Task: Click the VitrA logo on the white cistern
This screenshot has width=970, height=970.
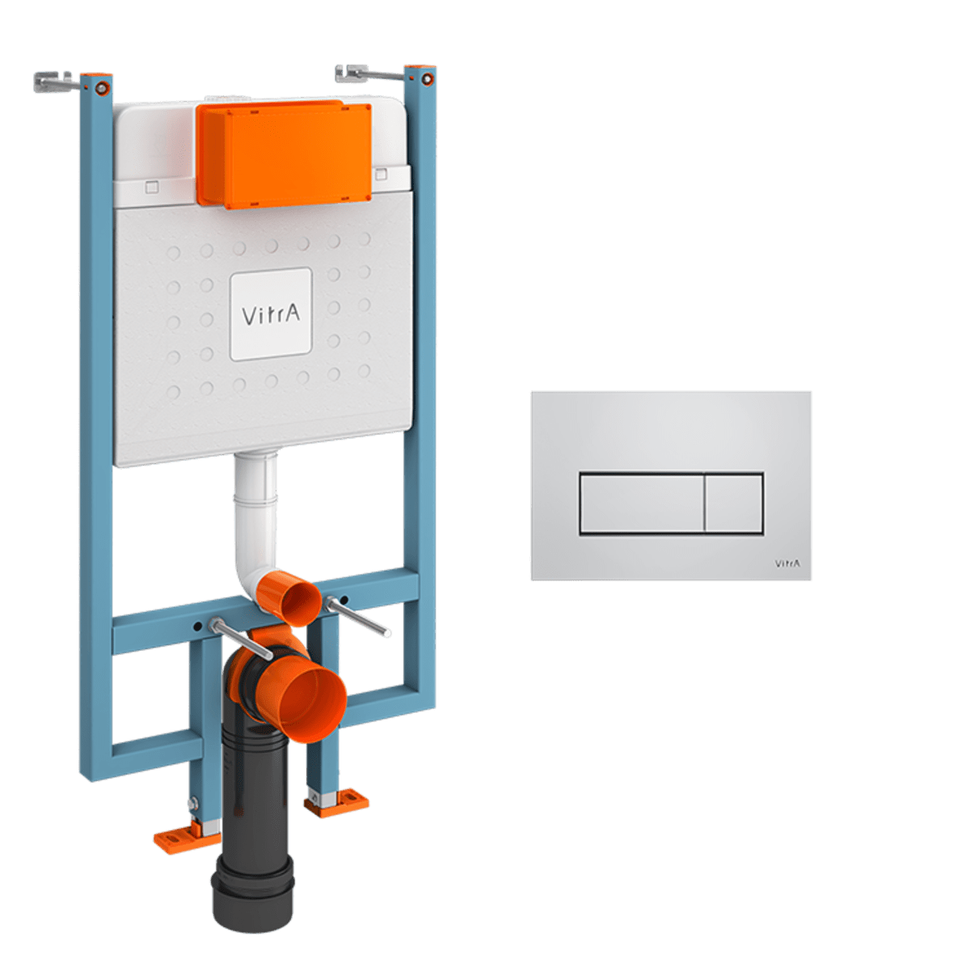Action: click(271, 314)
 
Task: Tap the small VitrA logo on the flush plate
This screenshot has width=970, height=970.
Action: click(787, 563)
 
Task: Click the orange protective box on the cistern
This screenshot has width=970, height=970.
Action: click(285, 154)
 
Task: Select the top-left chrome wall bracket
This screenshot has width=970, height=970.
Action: click(57, 82)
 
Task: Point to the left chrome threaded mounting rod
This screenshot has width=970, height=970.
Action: click(241, 639)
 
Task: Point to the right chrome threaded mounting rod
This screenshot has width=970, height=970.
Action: click(357, 616)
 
